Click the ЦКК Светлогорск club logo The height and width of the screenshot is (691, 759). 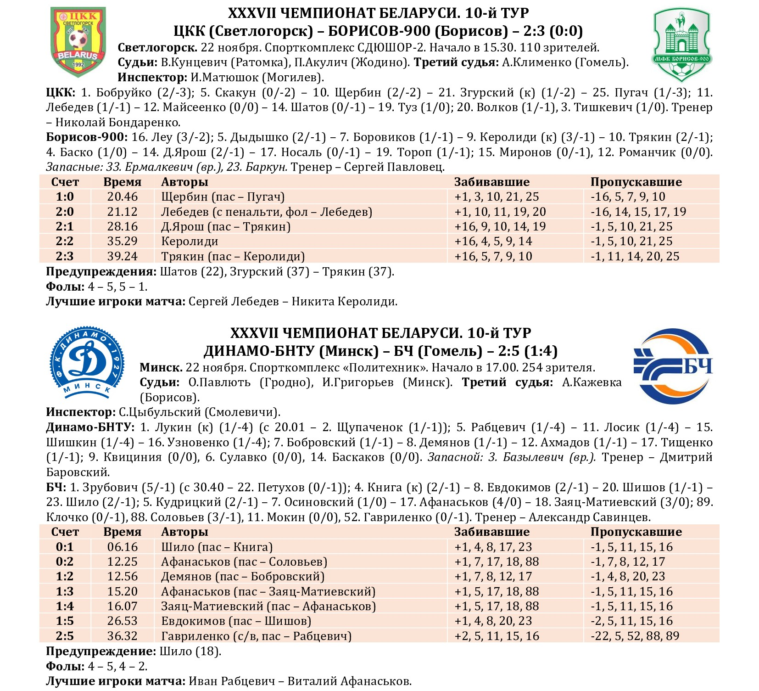tap(78, 42)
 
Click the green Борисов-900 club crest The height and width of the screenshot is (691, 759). tap(681, 45)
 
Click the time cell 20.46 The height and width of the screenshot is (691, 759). tap(123, 197)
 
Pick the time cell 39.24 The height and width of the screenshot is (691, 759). tap(123, 256)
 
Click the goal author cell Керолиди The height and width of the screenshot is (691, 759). tap(190, 242)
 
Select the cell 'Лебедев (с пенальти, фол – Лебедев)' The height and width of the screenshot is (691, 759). tap(267, 212)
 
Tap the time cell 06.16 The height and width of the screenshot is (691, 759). tap(123, 547)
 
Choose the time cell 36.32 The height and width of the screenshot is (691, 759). tap(123, 636)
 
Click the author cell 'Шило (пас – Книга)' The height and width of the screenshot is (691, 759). tap(217, 547)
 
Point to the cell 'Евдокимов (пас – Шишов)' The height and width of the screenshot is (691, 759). tap(236, 621)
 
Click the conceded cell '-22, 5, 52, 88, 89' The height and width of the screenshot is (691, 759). tap(635, 636)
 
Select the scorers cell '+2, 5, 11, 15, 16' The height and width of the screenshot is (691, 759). tap(497, 636)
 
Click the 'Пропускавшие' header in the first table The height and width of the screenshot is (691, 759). tap(636, 182)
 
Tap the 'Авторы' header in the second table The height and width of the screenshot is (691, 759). tap(184, 532)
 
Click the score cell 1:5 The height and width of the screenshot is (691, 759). tap(65, 621)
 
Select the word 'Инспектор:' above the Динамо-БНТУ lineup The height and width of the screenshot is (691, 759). tap(81, 412)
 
